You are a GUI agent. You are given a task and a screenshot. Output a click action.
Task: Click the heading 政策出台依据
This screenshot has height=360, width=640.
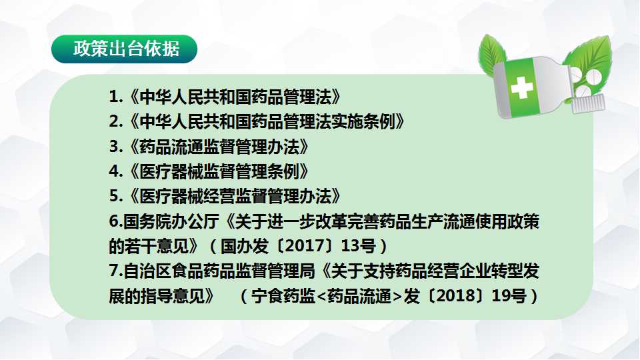coord(126,49)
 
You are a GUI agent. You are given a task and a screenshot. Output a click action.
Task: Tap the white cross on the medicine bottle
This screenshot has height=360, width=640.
coord(521,87)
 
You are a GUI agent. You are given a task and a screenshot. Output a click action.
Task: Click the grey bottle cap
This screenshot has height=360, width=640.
coord(588,104)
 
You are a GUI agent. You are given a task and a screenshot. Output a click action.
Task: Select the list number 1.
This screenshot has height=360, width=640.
coord(114,97)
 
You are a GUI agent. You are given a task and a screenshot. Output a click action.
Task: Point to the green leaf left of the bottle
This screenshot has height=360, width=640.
coord(491,53)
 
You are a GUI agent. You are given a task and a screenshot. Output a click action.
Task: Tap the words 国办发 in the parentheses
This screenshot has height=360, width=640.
coord(245,246)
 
